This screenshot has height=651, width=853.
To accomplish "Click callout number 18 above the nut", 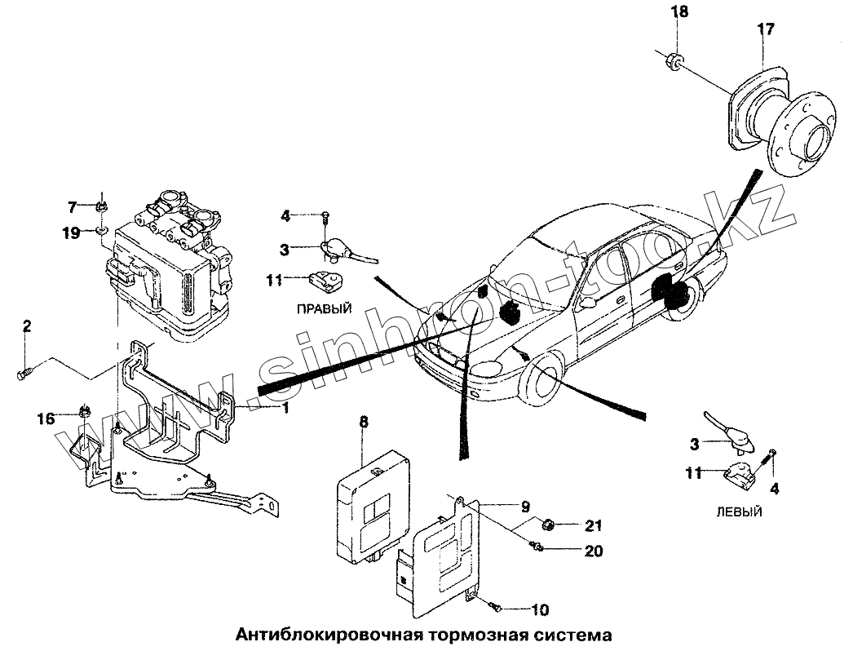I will click(678, 11).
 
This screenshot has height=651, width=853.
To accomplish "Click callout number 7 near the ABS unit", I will click(71, 206).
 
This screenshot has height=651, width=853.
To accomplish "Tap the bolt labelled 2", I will click(23, 374).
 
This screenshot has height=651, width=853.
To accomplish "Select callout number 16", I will click(46, 418).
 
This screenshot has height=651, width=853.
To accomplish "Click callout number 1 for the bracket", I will click(285, 407).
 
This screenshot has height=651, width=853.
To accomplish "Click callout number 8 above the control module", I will click(364, 422).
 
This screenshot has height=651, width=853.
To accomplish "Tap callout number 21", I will click(593, 525).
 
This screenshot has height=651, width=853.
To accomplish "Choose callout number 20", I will click(593, 551).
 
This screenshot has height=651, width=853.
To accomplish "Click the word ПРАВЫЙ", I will click(325, 308).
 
